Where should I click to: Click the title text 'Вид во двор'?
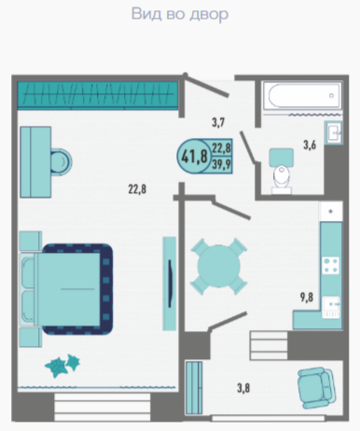180,14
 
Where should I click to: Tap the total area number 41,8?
194,156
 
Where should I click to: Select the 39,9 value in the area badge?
221,164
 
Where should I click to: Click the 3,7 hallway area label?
218,122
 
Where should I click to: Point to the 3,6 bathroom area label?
310,145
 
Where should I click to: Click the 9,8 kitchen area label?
307,298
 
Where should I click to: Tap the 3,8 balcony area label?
243,388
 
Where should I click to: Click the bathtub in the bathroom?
302,95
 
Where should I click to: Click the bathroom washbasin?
334,132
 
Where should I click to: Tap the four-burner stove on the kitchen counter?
330,265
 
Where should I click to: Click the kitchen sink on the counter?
331,307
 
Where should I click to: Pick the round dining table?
219,266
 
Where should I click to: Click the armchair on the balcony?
316,387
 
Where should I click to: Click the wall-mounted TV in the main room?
170,284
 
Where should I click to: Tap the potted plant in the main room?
62,366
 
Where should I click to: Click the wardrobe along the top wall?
98,94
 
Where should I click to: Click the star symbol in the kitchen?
331,212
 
